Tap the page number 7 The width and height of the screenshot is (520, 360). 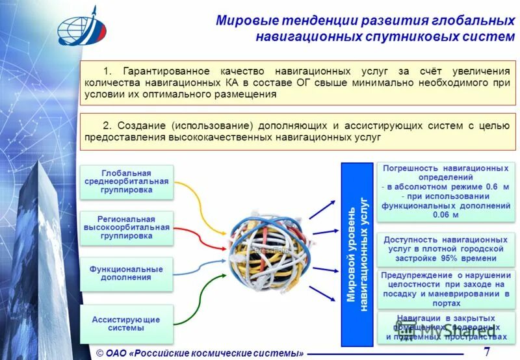[487, 352]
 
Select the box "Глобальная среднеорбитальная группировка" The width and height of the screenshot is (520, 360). [127, 182]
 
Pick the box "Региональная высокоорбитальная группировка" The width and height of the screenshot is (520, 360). [127, 227]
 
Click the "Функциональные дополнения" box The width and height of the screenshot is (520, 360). [127, 273]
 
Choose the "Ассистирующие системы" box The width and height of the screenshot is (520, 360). [127, 324]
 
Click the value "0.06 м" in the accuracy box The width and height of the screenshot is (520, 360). [445, 215]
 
